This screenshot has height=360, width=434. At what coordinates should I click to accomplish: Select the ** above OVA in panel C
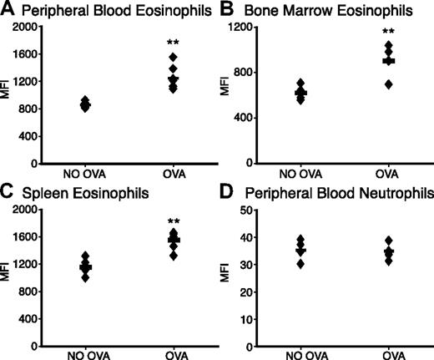point(174,223)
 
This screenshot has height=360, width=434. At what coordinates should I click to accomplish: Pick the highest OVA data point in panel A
point(174,58)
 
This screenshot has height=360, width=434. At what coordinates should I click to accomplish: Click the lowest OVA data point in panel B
point(388,85)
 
